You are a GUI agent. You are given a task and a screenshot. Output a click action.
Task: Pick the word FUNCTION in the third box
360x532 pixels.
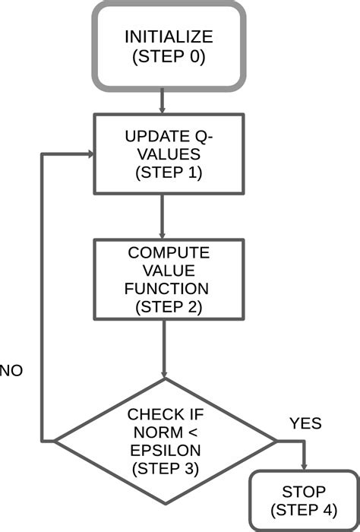[165, 290]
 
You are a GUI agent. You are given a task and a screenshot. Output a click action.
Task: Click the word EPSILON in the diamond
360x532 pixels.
[165, 451]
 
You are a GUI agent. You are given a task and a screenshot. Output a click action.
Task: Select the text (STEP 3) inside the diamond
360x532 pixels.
[165, 470]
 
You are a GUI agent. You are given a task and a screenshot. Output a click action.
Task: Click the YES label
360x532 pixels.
[305, 423]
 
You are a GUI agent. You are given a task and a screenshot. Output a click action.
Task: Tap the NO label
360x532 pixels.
[11, 371]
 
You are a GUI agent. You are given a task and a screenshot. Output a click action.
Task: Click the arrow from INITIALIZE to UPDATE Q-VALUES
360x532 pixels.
[163, 101]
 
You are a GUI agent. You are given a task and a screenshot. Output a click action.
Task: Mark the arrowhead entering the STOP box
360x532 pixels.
[305, 467]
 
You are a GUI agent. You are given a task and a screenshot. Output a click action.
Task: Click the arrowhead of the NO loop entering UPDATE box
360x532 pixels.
[89, 154]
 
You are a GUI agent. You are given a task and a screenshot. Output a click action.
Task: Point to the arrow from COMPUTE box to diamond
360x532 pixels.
[164, 350]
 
